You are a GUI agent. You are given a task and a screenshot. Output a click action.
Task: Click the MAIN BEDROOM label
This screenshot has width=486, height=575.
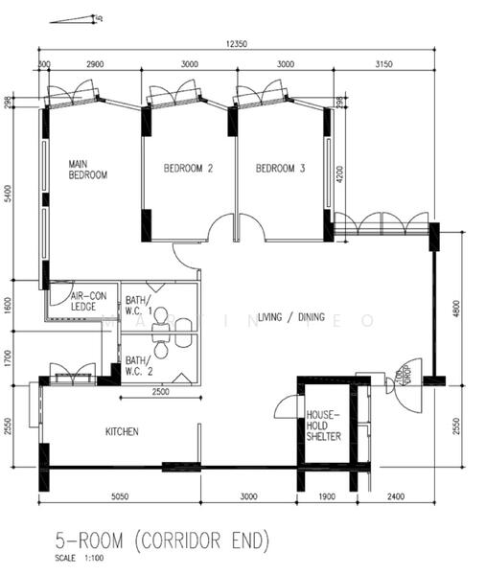pyautogui.click(x=87, y=170)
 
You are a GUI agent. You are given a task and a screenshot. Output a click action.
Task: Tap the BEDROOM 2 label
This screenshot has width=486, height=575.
pyautogui.click(x=188, y=169)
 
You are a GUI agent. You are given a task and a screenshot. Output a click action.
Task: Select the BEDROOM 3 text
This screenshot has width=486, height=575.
pyautogui.click(x=280, y=169)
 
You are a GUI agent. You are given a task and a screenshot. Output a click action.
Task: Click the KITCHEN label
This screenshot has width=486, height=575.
pyautogui.click(x=122, y=432)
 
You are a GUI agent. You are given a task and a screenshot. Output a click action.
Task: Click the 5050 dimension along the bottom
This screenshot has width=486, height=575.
pyautogui.click(x=121, y=498)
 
